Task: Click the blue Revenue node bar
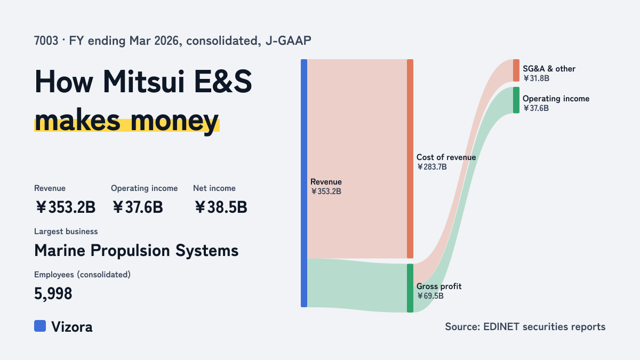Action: pos(304,183)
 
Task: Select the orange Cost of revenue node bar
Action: pos(410,158)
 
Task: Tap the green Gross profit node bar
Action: pos(410,288)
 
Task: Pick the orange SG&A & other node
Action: pos(516,70)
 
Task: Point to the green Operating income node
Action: pos(516,100)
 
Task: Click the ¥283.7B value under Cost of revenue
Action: pos(431,167)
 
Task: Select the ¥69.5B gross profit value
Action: pos(430,296)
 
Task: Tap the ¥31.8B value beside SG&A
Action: pos(537,78)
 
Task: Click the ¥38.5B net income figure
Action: pos(221,207)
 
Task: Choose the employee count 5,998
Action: pos(53,293)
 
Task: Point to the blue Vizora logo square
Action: pos(40,326)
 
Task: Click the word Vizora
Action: pos(72,327)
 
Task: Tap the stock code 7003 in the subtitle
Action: pos(46,41)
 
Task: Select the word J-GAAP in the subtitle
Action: pos(289,41)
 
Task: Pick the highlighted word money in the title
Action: pos(174,121)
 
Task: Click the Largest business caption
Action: pos(66,231)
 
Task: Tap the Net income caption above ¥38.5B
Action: pos(214,188)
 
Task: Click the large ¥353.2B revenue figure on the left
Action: pos(65,207)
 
